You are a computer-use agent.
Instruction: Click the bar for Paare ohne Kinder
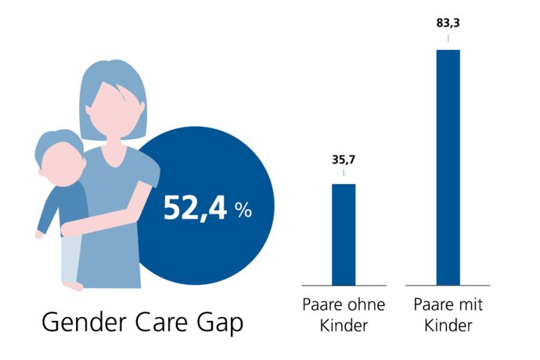click(344, 234)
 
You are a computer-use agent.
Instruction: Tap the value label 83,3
click(448, 23)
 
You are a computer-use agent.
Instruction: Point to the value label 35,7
click(344, 160)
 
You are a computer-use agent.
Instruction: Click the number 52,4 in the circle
click(196, 208)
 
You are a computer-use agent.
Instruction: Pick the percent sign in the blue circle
click(243, 210)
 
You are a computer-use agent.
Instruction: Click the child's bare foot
click(74, 286)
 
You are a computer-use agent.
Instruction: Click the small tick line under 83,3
click(448, 37)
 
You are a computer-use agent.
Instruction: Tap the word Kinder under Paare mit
click(448, 326)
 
